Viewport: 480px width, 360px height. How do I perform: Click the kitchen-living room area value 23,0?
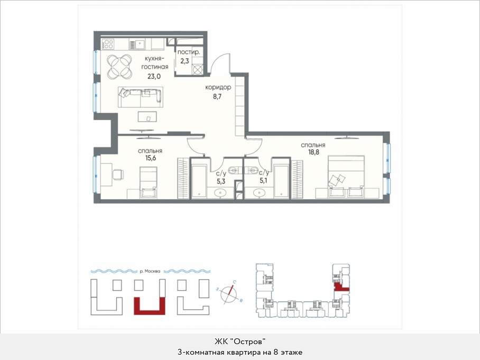tap(154, 76)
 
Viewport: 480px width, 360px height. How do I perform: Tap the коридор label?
tap(218, 87)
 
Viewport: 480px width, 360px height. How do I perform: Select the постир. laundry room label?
tap(189, 52)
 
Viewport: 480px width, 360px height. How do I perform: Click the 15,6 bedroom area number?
tap(151, 158)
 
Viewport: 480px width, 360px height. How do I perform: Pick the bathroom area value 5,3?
tap(221, 181)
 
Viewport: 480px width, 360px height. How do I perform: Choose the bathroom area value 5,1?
tap(263, 181)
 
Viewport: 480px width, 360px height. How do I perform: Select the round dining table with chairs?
tap(119, 66)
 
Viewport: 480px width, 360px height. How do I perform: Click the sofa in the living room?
tap(141, 97)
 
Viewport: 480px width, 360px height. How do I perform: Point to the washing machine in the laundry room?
tap(198, 70)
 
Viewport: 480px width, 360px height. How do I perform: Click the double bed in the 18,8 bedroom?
tap(346, 177)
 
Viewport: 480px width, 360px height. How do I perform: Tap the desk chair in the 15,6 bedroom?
tap(118, 174)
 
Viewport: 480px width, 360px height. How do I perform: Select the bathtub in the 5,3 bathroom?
tap(199, 181)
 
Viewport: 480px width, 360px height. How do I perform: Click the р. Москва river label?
tap(150, 271)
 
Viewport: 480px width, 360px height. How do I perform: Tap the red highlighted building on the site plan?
tap(150, 306)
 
